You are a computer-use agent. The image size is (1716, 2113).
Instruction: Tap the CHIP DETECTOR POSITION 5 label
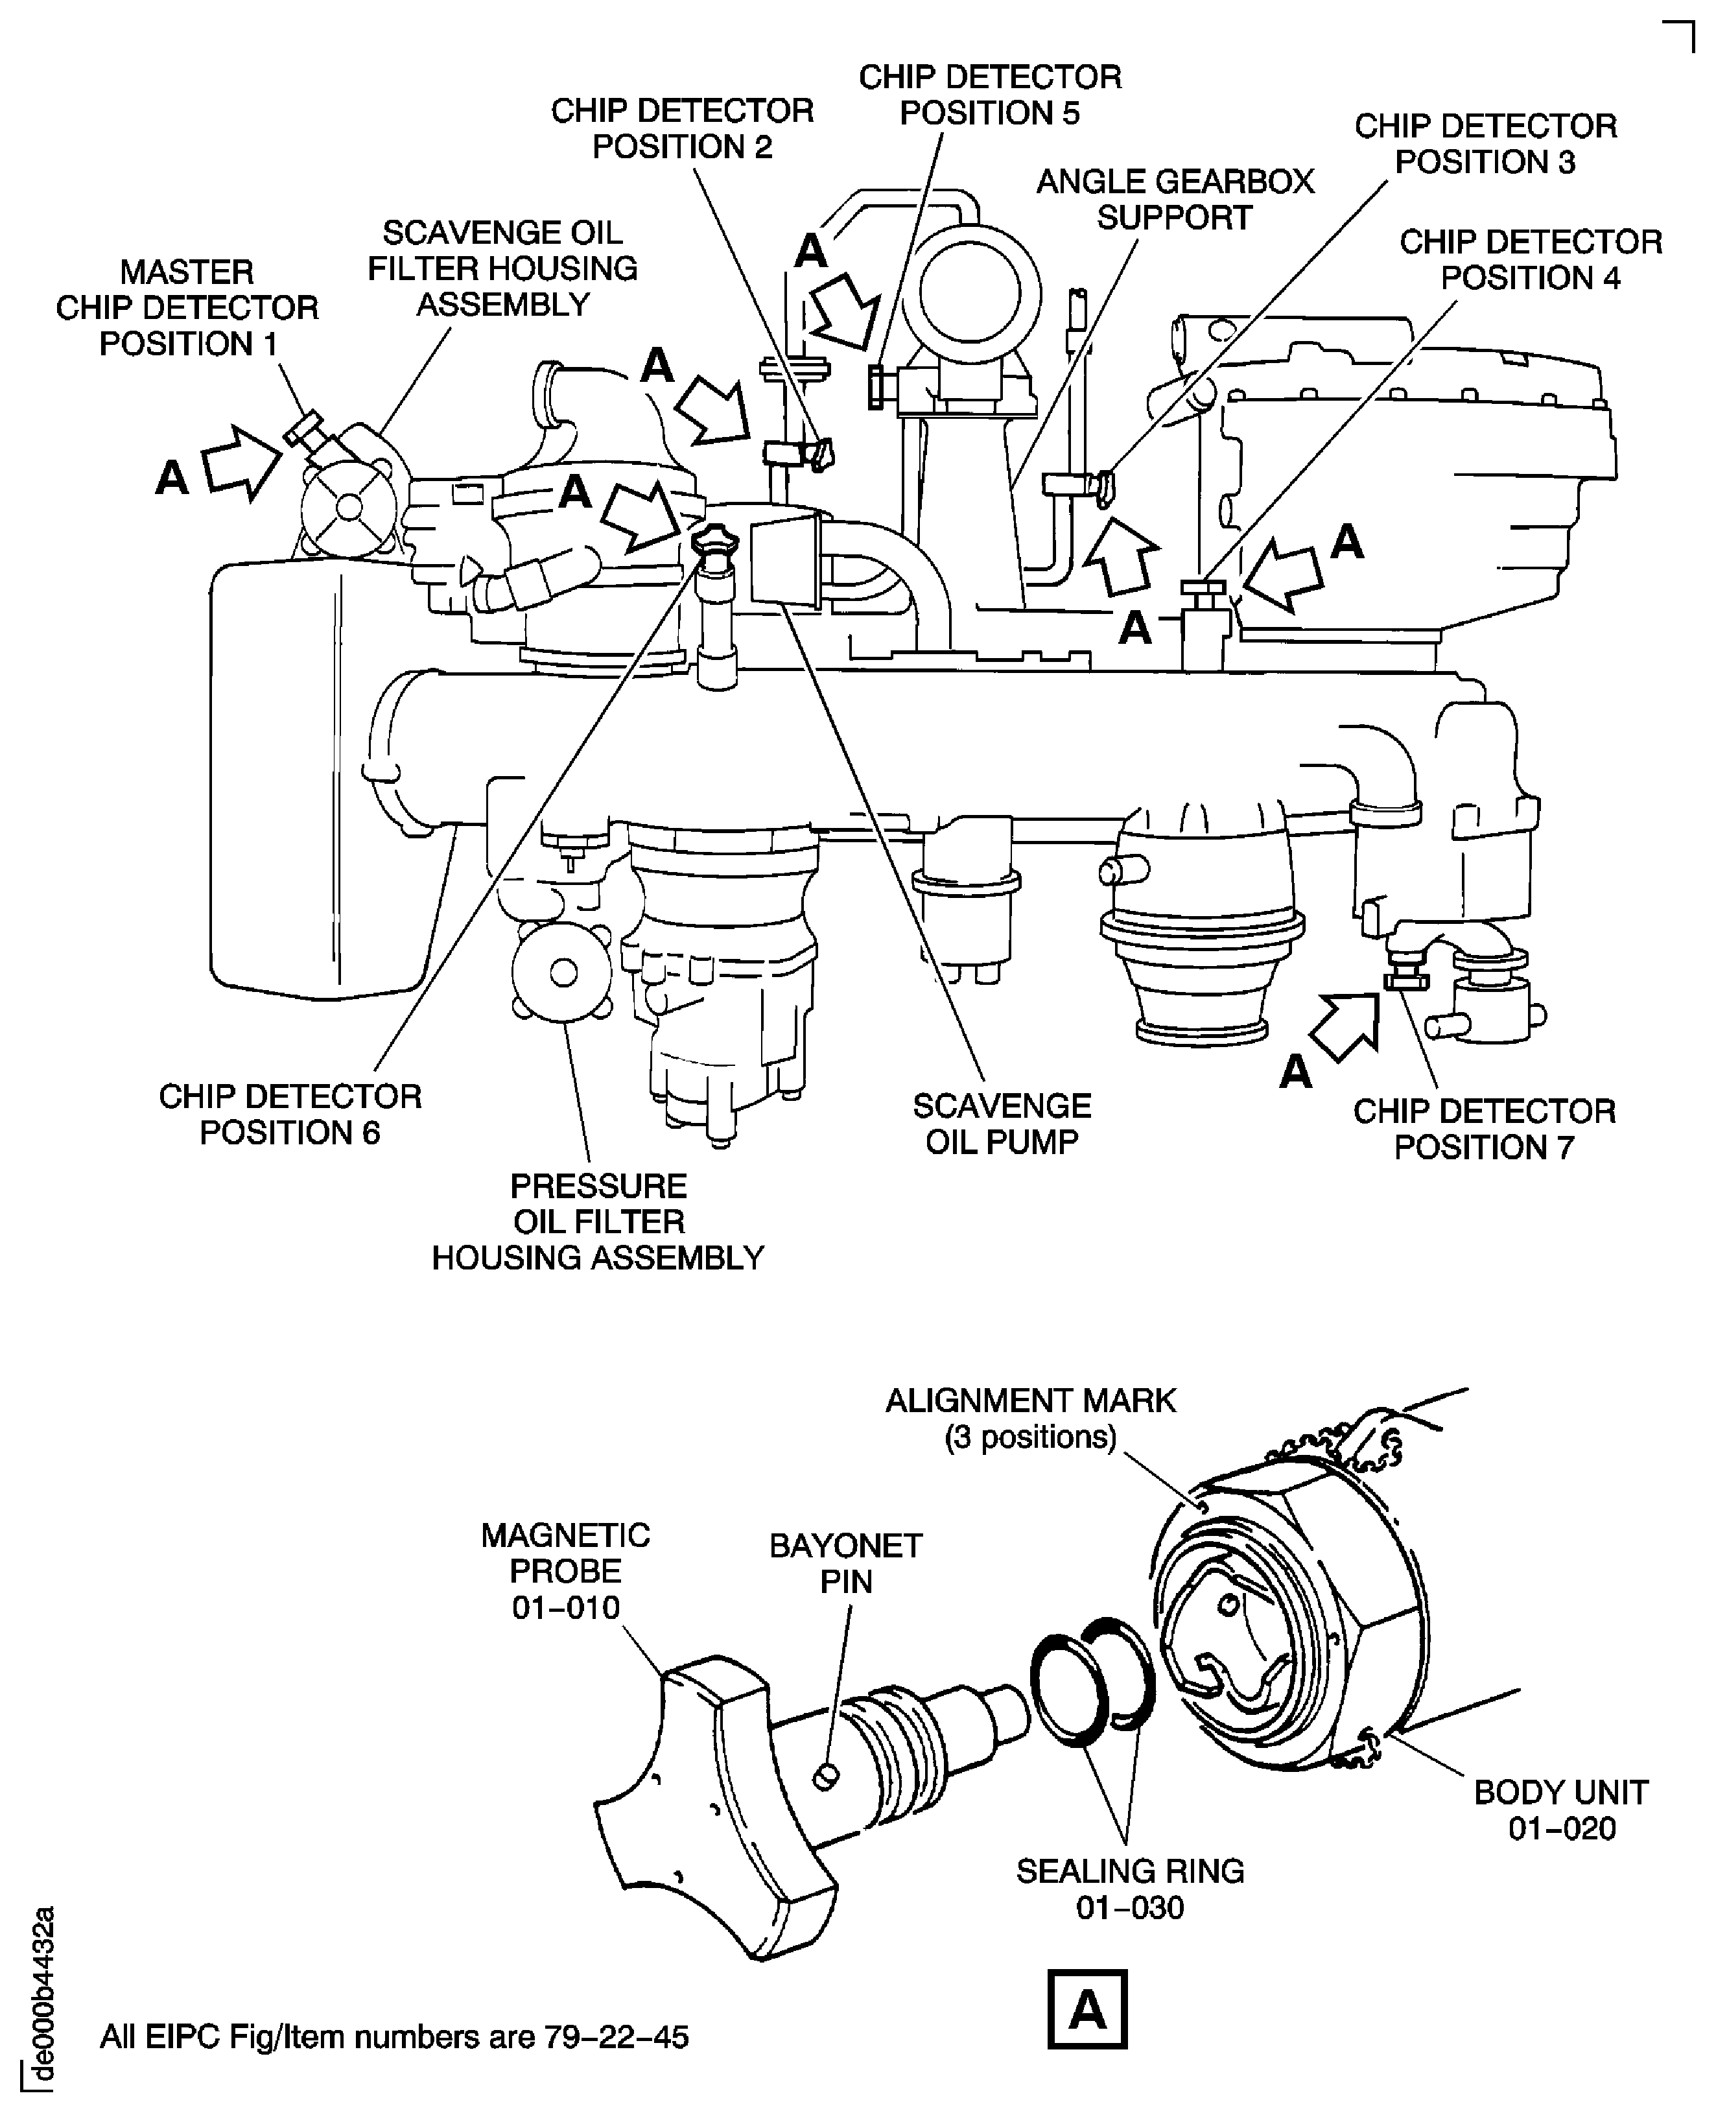coord(989,95)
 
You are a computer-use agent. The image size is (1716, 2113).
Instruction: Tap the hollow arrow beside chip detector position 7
coord(1346,1028)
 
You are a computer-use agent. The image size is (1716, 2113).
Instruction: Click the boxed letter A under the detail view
coord(1087,2010)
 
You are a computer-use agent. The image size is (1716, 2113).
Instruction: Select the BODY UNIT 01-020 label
coord(1561,1810)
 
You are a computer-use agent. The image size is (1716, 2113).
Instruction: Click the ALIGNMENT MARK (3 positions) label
coord(1030,1418)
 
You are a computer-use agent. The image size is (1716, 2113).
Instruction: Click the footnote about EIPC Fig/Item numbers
coord(394,2037)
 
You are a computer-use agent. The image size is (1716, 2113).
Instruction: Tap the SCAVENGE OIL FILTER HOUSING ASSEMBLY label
coord(502,268)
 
